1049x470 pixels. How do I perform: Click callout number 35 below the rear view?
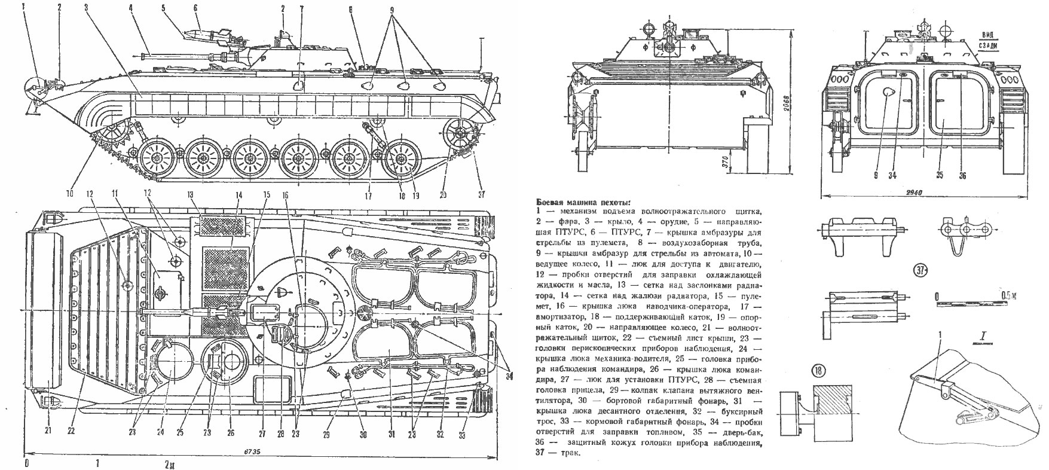click(x=940, y=176)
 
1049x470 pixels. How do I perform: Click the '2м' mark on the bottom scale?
click(x=170, y=464)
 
